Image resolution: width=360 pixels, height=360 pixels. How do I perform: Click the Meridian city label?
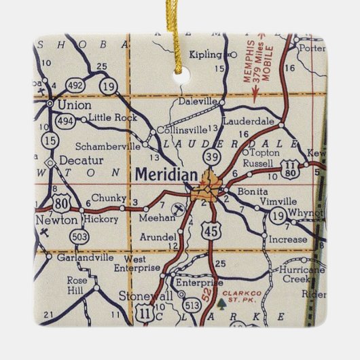click(166, 175)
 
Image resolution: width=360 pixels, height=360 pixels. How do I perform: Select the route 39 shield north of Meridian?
click(213, 157)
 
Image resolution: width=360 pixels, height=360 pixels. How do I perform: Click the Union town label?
click(75, 105)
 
